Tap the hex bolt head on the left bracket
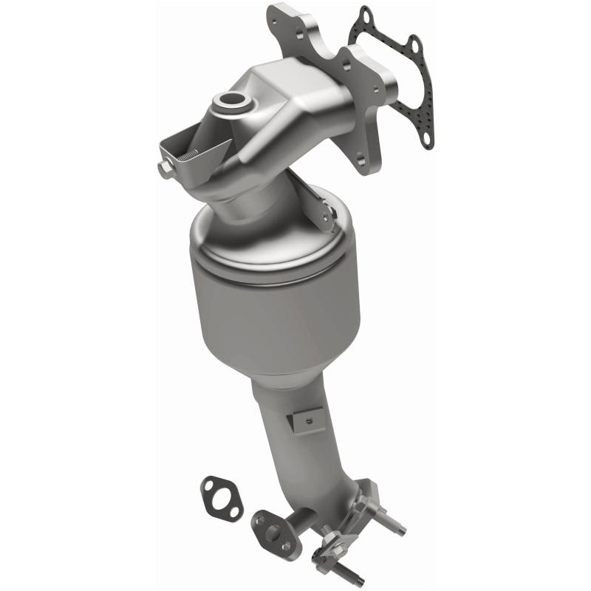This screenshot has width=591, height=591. click(163, 168)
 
